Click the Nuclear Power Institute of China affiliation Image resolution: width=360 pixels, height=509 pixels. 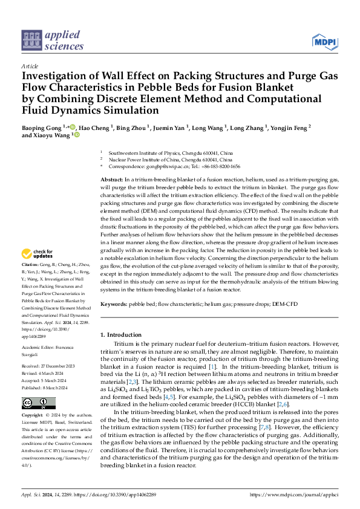pyautogui.click(x=158, y=160)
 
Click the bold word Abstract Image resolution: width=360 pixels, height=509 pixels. pyautogui.click(x=111, y=181)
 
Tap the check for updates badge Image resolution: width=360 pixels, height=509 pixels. pyautogui.click(x=38, y=270)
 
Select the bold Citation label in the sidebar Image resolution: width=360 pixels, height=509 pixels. pyautogui.click(x=30, y=282)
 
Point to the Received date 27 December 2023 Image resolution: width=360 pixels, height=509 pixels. pyautogui.click(x=48, y=366)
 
